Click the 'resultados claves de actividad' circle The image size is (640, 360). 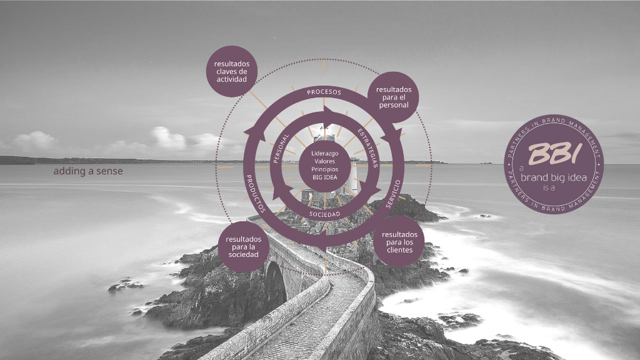coord(232,71)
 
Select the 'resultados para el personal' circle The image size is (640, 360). coord(392,97)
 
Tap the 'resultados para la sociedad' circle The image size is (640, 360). coord(243,247)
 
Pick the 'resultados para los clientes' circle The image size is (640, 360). coord(399,242)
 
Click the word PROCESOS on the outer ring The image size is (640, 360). coord(324,92)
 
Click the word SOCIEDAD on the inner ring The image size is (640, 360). coord(324,214)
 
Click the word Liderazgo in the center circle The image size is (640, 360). coord(324,153)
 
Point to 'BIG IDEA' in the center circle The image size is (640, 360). coord(324,177)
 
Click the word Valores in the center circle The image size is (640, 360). coord(324,161)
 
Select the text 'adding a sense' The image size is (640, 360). coord(88,171)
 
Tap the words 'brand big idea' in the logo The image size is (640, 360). coord(554,177)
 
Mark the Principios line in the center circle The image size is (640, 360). coord(324,169)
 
